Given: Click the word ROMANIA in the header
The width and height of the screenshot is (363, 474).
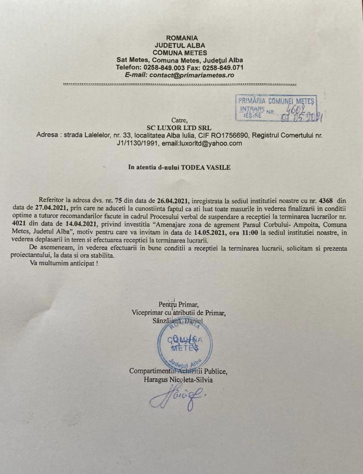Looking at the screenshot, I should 182,38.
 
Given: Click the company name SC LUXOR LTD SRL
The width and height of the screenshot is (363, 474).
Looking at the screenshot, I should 179,128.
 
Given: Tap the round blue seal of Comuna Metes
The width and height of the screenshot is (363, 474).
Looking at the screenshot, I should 182,344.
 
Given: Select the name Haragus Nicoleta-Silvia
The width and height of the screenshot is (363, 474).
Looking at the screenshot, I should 178,379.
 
